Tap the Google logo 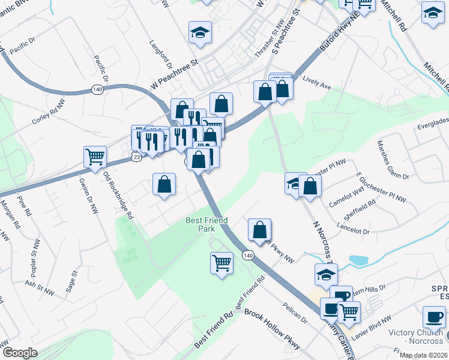20,353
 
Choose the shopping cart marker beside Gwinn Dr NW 95,157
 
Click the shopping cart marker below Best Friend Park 221,263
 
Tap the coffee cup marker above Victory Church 434,316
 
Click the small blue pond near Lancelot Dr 358,261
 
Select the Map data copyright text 424,356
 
